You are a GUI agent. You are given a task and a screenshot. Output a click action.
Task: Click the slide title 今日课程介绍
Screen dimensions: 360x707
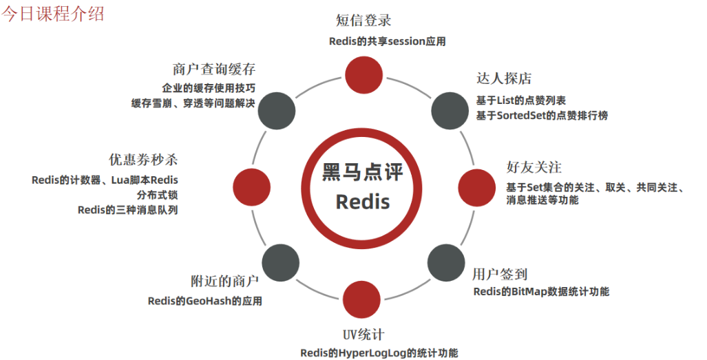tap(52, 13)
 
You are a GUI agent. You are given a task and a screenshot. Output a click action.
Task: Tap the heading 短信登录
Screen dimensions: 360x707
tap(363, 20)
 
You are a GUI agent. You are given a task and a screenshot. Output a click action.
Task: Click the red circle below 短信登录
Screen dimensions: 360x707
tap(363, 74)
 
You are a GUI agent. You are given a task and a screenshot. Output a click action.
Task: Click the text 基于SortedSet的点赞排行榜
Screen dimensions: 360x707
tap(542, 116)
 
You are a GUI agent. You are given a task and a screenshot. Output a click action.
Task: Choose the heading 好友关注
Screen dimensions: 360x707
tap(534, 167)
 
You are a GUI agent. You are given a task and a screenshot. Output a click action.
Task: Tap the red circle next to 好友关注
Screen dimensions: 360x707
tap(477, 185)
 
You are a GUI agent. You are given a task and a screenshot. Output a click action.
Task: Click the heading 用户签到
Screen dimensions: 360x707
tap(500, 274)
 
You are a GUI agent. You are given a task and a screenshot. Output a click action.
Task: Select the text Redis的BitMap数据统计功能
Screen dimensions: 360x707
tap(541, 292)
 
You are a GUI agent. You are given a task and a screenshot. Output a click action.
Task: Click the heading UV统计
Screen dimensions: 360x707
tap(363, 335)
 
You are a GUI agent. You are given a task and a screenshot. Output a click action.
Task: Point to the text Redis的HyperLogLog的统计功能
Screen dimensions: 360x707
tap(379, 353)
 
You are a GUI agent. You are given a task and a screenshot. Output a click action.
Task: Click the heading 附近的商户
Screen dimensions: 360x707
tap(224, 282)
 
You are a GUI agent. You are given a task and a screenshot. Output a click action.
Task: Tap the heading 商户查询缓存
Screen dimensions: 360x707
tap(214, 70)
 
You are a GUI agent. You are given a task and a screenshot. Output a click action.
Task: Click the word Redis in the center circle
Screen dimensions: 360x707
tap(362, 202)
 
